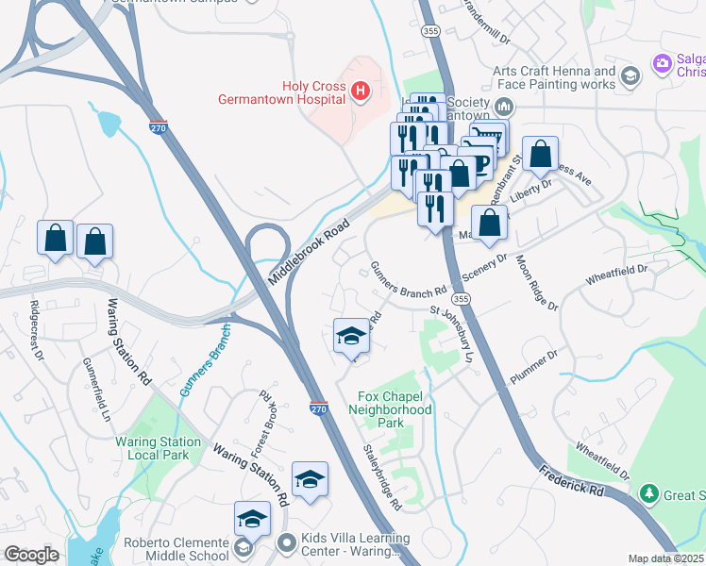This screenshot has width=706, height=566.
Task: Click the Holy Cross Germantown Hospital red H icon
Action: [359, 91]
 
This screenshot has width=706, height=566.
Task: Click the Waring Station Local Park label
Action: [158, 448]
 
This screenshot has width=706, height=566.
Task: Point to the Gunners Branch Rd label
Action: [408, 279]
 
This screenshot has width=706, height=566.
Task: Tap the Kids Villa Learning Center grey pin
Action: [288, 542]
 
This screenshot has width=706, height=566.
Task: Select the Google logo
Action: [31, 555]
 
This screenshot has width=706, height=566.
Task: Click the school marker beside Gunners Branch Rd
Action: [351, 337]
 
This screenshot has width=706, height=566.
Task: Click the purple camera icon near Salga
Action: [662, 64]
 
